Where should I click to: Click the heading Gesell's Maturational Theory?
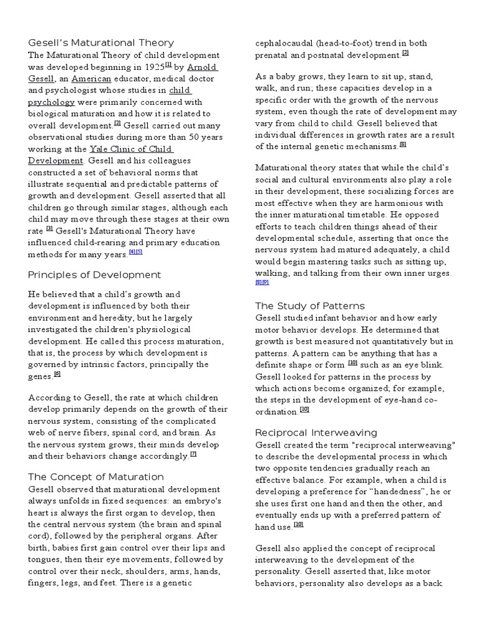101,42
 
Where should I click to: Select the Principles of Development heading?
94,275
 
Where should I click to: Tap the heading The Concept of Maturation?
96,477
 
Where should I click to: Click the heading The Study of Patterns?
310,306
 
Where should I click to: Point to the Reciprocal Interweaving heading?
316,432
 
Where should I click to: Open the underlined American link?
91,79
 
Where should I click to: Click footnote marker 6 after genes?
57,374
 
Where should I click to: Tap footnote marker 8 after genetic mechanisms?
402,145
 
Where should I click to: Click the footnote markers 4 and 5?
135,251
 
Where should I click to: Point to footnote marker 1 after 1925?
167,64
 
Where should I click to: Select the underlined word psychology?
52,102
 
